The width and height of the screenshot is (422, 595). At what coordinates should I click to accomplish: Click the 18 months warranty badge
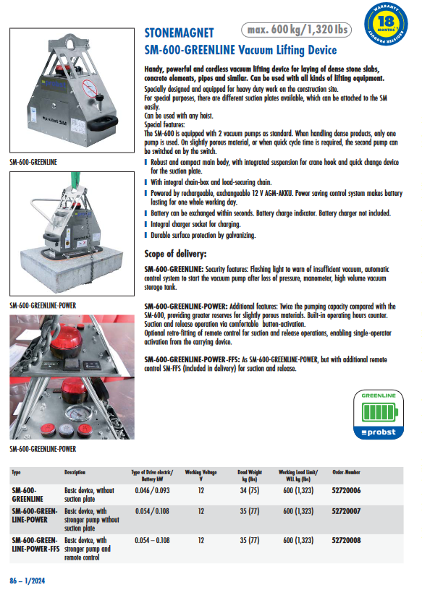(386, 24)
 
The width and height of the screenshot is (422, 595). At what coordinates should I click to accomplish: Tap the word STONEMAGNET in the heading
(179, 33)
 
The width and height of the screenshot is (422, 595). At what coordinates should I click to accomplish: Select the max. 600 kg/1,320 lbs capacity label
(297, 30)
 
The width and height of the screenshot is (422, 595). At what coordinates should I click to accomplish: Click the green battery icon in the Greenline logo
(380, 412)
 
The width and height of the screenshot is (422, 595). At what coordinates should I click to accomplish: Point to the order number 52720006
(346, 490)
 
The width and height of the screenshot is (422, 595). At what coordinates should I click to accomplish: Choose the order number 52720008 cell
(346, 540)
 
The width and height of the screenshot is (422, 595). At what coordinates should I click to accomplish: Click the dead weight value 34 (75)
(250, 490)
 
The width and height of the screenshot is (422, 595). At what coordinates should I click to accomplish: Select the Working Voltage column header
(201, 476)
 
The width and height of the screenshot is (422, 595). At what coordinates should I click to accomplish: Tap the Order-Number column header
(346, 472)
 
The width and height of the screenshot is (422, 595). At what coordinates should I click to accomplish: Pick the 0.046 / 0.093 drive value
(152, 490)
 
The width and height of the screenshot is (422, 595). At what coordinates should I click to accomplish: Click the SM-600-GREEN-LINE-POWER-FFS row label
(35, 544)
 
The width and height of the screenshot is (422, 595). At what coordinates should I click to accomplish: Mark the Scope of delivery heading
(175, 254)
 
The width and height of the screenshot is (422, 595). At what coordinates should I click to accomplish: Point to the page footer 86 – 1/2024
(28, 581)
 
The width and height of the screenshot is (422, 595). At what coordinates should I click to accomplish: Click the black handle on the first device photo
(102, 122)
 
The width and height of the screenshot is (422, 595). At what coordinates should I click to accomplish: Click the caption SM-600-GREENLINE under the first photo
(33, 162)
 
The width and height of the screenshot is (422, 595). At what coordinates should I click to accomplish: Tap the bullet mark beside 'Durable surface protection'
(145, 235)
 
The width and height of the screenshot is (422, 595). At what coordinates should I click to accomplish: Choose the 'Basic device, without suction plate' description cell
(89, 495)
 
